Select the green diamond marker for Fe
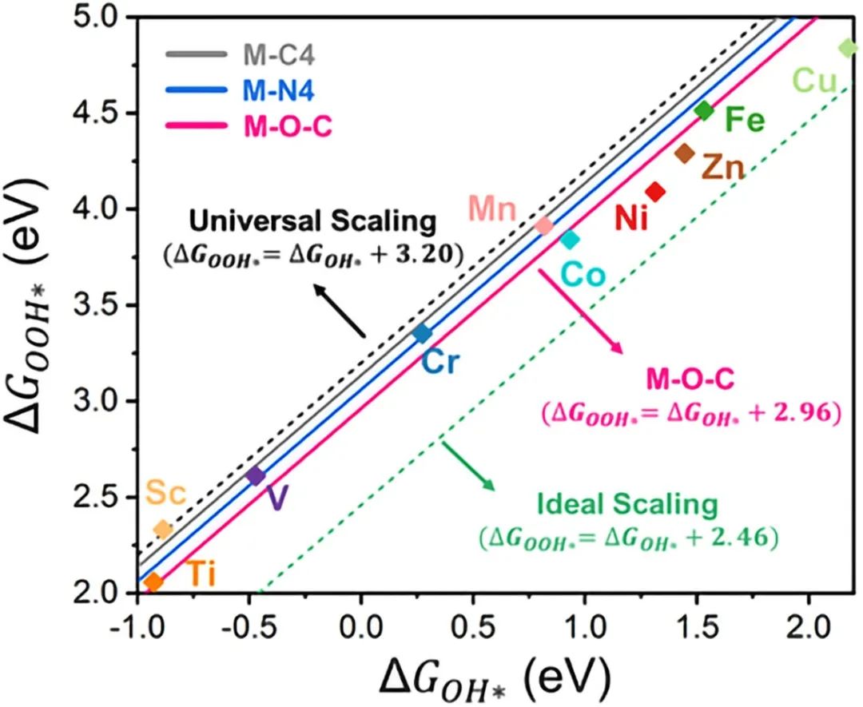[x=704, y=111]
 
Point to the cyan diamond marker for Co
[x=570, y=239]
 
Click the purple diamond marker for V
[x=256, y=476]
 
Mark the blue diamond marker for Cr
[x=423, y=333]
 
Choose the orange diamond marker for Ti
[x=153, y=582]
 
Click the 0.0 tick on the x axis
[x=360, y=622]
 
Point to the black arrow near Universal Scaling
[x=340, y=312]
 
